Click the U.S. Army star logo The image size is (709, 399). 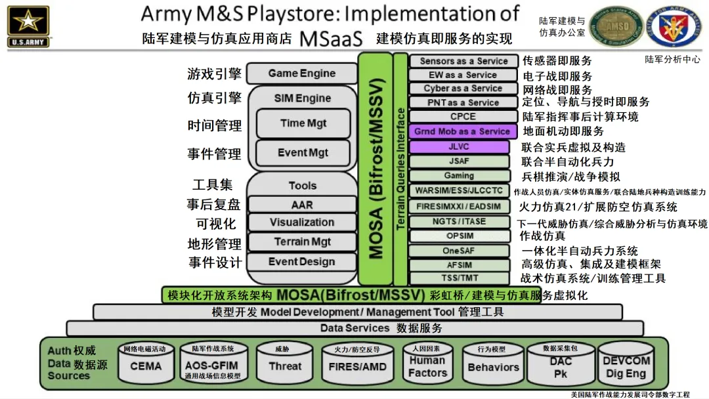point(28,26)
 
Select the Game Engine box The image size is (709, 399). point(302,73)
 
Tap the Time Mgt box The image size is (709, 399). point(303,123)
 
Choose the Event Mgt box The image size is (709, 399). point(303,153)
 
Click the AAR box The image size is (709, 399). point(302,204)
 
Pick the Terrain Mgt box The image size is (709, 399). point(302,241)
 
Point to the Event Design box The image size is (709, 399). point(302,261)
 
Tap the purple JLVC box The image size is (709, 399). point(459,147)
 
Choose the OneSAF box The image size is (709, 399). point(459,251)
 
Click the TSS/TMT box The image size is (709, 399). point(459,278)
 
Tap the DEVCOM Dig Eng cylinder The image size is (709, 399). point(626,364)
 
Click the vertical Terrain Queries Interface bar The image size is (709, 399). point(400,169)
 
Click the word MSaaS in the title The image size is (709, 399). point(331,39)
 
